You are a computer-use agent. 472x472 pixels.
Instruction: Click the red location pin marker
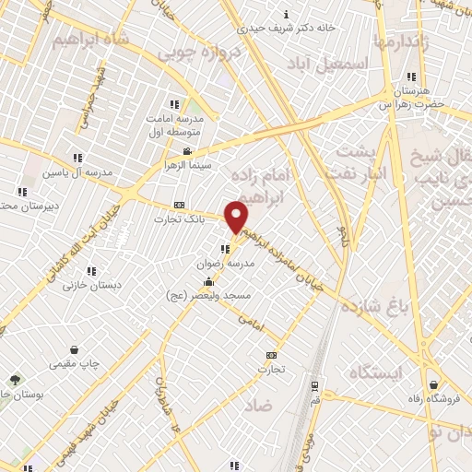point(237,217)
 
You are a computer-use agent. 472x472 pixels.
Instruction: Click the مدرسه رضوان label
point(225,263)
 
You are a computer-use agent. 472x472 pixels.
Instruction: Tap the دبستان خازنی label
point(91,285)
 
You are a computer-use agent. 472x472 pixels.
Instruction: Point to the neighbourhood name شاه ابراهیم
point(88,40)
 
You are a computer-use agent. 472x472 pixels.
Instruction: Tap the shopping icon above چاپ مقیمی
point(87,350)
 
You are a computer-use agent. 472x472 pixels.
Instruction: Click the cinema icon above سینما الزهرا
point(187,152)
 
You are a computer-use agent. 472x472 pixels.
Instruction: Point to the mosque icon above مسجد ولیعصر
point(210,282)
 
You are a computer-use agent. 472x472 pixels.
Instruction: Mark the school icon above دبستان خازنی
point(91,271)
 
